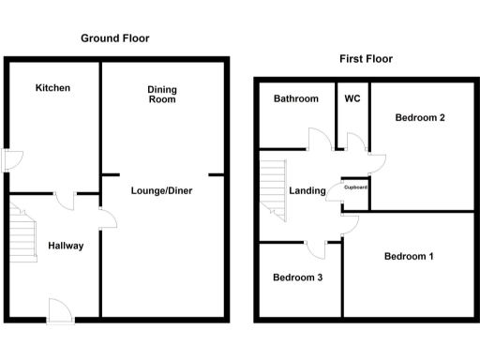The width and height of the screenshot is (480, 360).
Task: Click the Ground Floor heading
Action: (114, 38)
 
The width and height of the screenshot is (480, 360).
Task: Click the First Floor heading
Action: (365, 59)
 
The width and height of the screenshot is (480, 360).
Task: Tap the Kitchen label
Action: (52, 88)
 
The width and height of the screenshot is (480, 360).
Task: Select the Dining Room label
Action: (162, 95)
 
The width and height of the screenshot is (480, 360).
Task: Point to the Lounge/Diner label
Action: (161, 191)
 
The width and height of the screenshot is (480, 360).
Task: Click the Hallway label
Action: (66, 247)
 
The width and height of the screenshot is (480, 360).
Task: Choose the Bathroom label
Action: (294, 98)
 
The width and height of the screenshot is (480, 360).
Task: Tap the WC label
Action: (352, 98)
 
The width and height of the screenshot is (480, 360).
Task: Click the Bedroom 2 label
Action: (419, 118)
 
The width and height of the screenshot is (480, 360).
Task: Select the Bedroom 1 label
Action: (408, 256)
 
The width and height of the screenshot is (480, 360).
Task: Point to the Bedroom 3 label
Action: (297, 277)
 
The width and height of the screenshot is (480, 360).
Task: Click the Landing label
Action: (307, 191)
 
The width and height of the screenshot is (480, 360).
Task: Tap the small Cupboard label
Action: (355, 187)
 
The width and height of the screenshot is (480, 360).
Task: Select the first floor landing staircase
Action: (271, 188)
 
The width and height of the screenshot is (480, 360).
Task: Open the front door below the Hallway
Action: (58, 309)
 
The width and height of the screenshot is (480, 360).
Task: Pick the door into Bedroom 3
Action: (314, 247)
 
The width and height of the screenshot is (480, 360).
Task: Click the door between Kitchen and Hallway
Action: (65, 199)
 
